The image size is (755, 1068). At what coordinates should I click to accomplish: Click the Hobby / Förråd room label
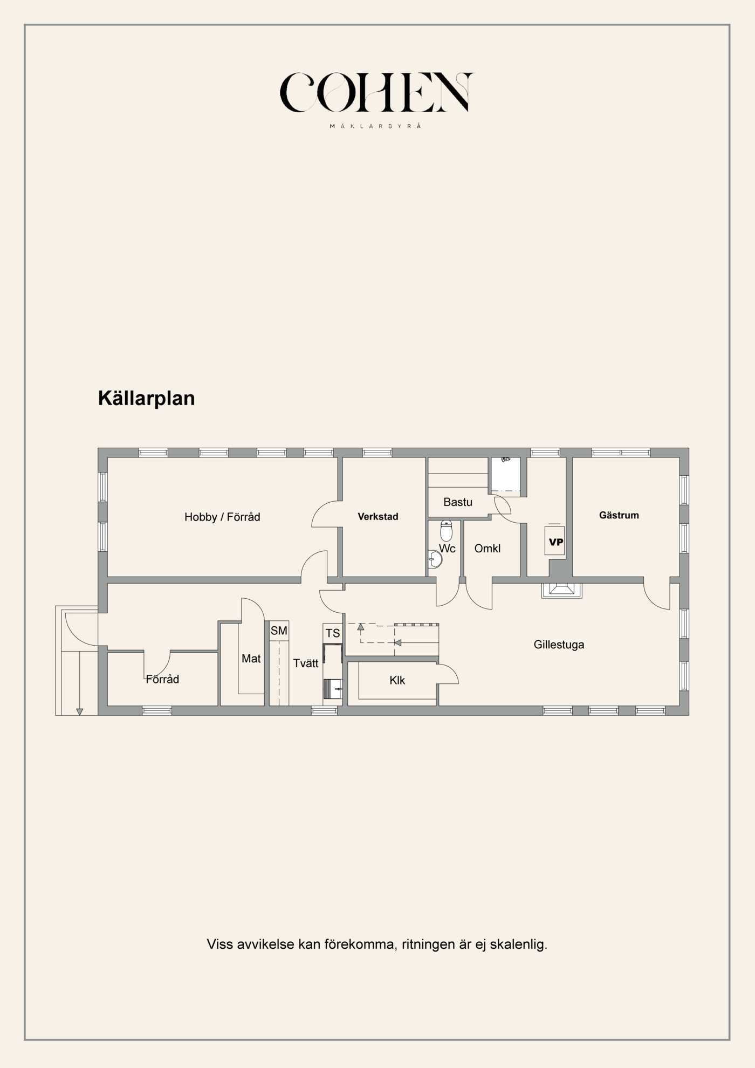[x=222, y=517]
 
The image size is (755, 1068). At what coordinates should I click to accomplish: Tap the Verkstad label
[x=378, y=516]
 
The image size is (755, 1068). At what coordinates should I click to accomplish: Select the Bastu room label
[x=458, y=502]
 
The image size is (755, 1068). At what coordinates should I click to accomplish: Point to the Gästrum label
[x=619, y=515]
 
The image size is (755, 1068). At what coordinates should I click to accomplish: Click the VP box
[x=555, y=541]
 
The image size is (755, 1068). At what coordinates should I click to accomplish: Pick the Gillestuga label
[x=559, y=644]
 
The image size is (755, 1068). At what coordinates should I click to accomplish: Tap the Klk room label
[x=397, y=680]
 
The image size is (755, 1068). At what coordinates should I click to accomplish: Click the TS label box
[x=333, y=633]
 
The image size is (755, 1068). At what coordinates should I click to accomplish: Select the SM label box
[x=279, y=631]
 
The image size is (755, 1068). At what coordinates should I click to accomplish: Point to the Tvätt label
[x=306, y=663]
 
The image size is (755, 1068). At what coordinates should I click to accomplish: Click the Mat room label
[x=251, y=658]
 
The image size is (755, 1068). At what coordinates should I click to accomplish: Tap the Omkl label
[x=488, y=548]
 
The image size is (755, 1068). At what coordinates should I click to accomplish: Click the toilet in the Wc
[x=446, y=531]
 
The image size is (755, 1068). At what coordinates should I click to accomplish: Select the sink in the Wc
[x=435, y=559]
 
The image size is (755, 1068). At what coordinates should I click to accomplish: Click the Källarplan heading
[x=146, y=398]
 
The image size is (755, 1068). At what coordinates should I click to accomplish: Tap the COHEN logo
[x=376, y=92]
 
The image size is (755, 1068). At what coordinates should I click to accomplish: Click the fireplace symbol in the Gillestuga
[x=562, y=590]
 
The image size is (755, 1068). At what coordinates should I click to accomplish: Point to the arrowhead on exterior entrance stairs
[x=80, y=712]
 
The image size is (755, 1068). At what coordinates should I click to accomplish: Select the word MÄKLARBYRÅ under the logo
[x=375, y=126]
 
